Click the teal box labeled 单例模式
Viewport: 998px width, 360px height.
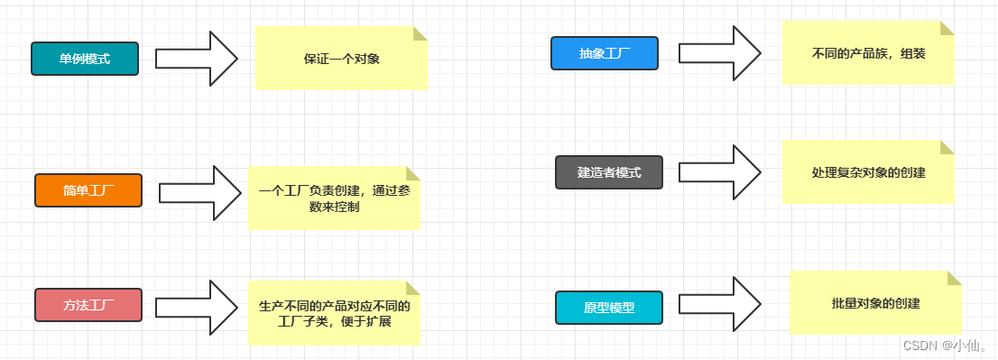85,59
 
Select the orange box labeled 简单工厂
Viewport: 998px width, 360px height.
88,190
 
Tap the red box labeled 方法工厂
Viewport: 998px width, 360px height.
88,305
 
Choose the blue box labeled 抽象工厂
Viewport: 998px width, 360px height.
605,53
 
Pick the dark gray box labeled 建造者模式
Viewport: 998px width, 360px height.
609,172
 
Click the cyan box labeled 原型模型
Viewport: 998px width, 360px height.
609,308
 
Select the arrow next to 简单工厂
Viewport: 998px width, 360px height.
199,192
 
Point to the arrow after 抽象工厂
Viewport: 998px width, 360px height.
720,52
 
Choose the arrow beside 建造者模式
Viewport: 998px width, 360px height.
720,172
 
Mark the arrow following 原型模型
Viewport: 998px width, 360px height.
720,304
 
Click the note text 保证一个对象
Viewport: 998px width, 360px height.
342,60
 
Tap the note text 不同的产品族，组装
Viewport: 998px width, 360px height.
869,53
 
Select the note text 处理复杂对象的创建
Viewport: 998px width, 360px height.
869,172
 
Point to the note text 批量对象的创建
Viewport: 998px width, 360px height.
875,303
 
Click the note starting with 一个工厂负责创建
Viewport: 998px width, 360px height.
335,198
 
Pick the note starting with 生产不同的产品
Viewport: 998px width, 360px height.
335,313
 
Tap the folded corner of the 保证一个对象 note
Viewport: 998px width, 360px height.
420,33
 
